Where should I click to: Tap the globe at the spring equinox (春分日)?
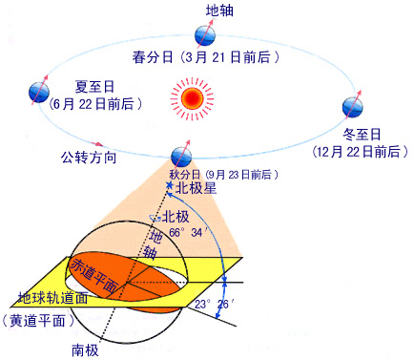coord(203,36)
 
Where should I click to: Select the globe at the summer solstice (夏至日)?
coord(38,92)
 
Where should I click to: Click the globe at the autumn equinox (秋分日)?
coord(179,157)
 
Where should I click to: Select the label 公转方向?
coord(89,156)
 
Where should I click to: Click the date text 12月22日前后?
coord(356,152)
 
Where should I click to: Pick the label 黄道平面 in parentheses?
coord(39,320)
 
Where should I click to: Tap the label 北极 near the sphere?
coord(176,217)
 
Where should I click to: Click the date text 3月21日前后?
coord(234,58)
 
